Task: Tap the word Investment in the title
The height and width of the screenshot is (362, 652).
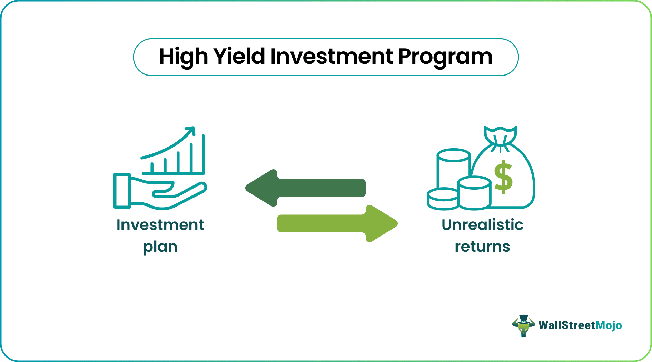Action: [x=332, y=56]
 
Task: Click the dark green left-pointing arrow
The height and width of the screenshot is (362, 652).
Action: [x=305, y=188]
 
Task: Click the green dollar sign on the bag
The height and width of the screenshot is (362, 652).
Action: [x=503, y=177]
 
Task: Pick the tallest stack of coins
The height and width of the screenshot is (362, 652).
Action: [x=453, y=169]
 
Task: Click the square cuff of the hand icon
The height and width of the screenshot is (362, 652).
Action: [x=122, y=191]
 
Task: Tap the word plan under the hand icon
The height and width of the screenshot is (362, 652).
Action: [x=160, y=247]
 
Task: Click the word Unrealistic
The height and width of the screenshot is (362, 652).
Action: [x=482, y=225]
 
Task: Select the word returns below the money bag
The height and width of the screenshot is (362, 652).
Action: [x=482, y=247]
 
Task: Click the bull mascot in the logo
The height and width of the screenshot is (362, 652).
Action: [x=523, y=325]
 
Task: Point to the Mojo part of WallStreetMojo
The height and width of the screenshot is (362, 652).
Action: [x=609, y=325]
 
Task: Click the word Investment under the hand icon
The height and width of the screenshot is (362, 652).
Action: [x=160, y=225]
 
